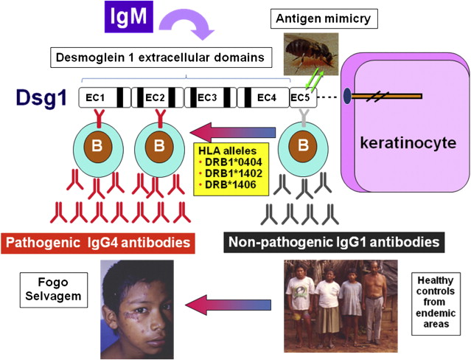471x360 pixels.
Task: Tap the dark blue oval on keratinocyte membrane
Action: (x=346, y=96)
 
